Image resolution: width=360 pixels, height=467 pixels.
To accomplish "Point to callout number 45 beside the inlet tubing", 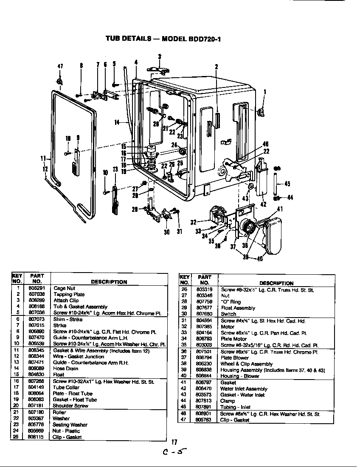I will pos(287,184).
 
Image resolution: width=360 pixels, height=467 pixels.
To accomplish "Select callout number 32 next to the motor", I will pos(194,222).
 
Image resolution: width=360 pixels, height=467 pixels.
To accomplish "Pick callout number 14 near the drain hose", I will pos(117,123).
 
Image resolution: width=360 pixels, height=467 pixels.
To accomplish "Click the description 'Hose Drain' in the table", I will pos(65,369).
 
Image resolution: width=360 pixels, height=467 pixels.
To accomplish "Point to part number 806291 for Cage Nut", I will pos(37,288).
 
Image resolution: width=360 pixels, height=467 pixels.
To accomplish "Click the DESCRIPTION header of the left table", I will pos(109,281).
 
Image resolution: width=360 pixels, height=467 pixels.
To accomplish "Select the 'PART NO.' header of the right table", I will pos(205,280).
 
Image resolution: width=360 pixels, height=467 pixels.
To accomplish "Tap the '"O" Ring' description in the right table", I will pos(231,302).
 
